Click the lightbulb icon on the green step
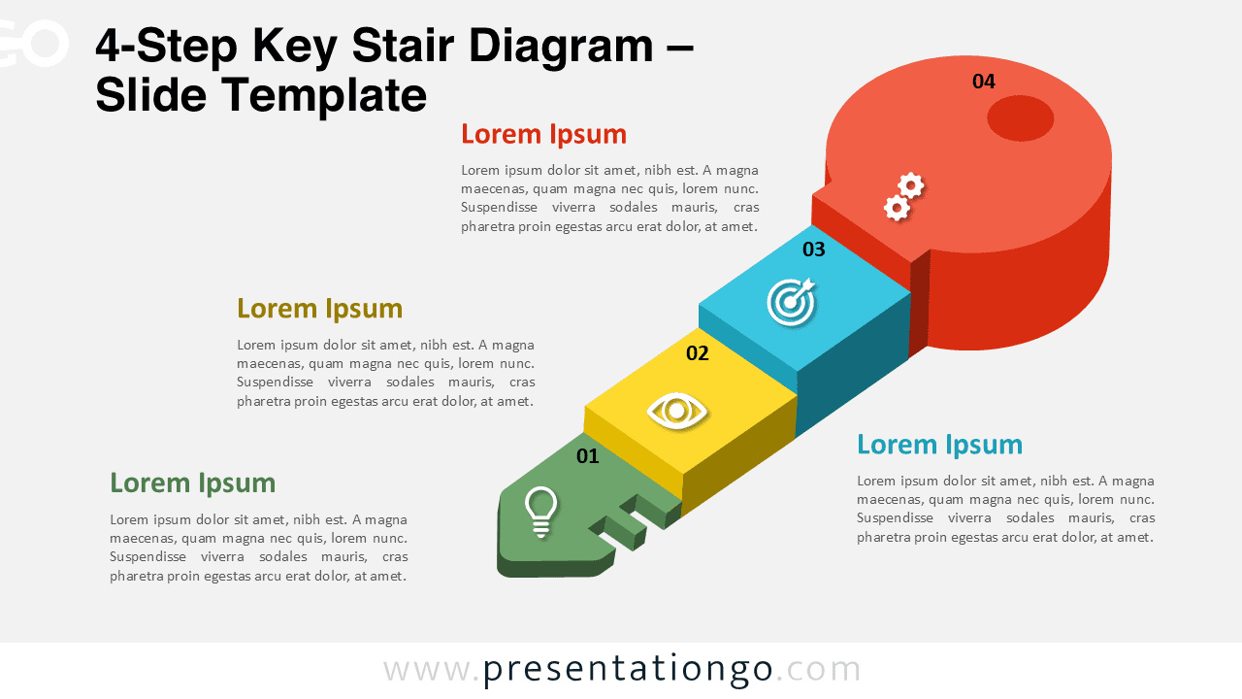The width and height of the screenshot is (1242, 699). [x=540, y=512]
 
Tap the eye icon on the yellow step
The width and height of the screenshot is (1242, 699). [x=677, y=410]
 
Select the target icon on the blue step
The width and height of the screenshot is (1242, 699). [x=792, y=301]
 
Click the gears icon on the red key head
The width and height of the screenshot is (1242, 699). [x=903, y=197]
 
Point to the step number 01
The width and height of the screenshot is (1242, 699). [x=588, y=456]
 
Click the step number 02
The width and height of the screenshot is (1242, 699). [x=698, y=353]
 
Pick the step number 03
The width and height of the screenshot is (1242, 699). [x=813, y=250]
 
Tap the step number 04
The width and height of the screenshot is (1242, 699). [x=984, y=82]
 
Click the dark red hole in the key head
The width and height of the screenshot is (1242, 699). [x=1020, y=118]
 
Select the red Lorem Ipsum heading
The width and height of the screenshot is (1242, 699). [x=543, y=134]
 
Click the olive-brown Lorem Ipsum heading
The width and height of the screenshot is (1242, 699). [x=319, y=309]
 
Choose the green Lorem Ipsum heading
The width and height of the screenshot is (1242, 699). [x=192, y=483]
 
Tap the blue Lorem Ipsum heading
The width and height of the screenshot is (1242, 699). [x=939, y=445]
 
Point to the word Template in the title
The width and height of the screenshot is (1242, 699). [x=324, y=95]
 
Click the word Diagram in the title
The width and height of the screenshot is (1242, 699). [x=552, y=46]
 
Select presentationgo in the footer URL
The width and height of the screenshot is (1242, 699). [x=628, y=669]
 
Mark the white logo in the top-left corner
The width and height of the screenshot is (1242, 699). [x=34, y=44]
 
